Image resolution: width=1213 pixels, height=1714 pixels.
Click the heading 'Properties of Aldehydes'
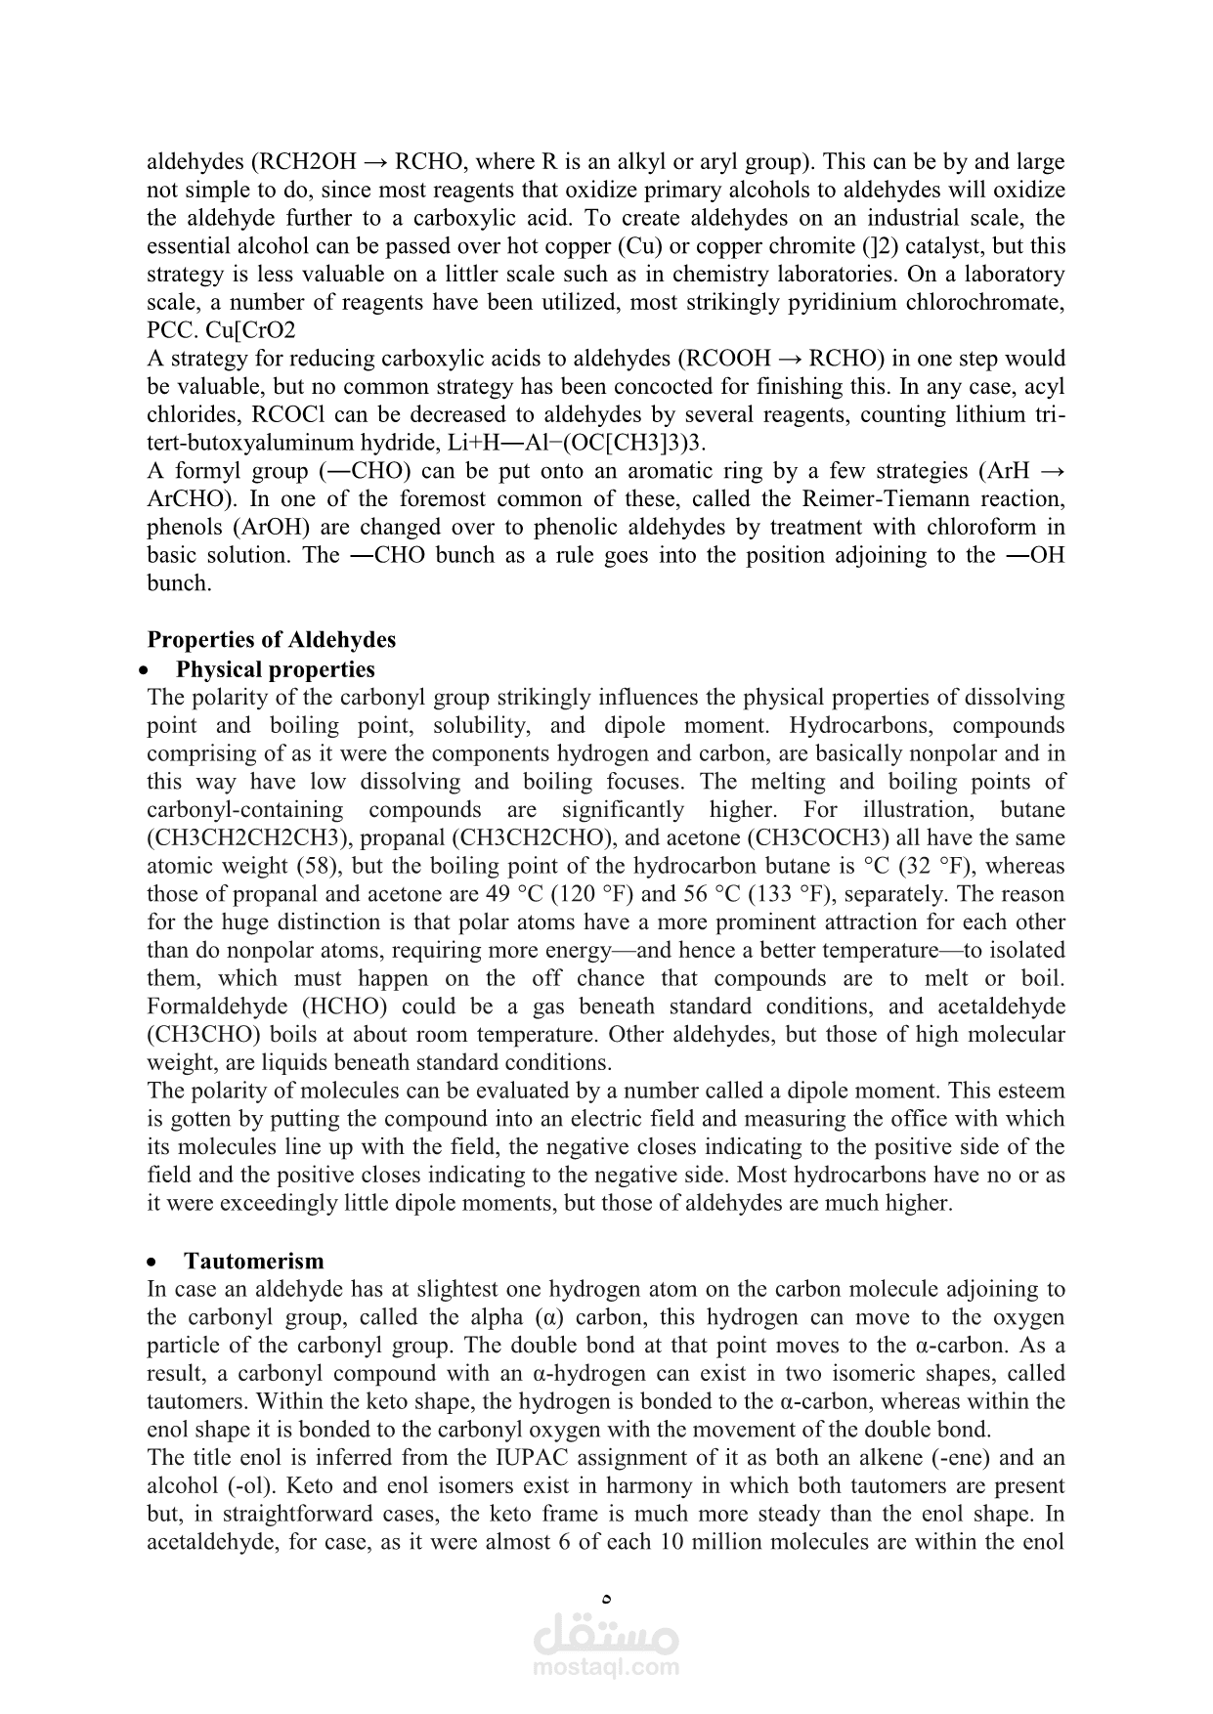coord(271,640)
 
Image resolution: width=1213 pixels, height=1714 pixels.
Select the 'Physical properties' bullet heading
coord(275,669)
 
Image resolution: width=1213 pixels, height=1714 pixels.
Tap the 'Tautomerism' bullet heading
coord(253,1261)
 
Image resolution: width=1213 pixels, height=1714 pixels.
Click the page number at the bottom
coord(607,1600)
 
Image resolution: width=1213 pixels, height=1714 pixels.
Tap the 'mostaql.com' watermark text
coord(606,1667)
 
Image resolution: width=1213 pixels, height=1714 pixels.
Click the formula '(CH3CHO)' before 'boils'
coord(204,1035)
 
